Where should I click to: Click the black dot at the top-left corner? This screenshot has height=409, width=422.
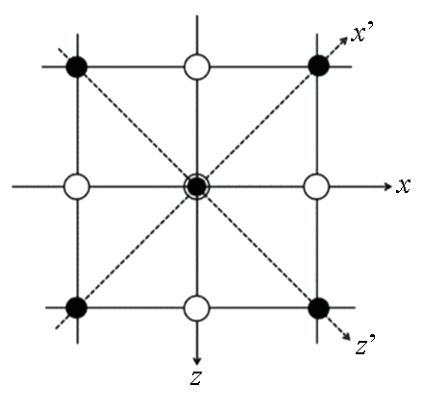pyautogui.click(x=77, y=66)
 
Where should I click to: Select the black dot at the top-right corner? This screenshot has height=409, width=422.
pyautogui.click(x=318, y=65)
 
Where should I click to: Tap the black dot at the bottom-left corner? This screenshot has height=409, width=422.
pyautogui.click(x=76, y=307)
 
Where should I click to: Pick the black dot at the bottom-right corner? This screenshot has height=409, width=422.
pyautogui.click(x=318, y=308)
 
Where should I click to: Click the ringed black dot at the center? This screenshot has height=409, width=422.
pyautogui.click(x=197, y=186)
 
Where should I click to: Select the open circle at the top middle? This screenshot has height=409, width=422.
pyautogui.click(x=197, y=67)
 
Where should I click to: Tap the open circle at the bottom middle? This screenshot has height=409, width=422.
pyautogui.click(x=197, y=308)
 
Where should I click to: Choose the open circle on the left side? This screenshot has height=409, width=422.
pyautogui.click(x=77, y=186)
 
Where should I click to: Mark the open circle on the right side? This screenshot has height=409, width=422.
pyautogui.click(x=316, y=186)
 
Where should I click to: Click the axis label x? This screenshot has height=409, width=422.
pyautogui.click(x=403, y=186)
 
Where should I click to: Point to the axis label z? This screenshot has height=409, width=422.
pyautogui.click(x=195, y=378)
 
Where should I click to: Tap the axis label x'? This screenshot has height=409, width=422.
pyautogui.click(x=362, y=33)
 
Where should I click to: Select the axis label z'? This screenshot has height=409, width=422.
pyautogui.click(x=365, y=345)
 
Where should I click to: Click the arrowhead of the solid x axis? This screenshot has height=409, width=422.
pyautogui.click(x=387, y=186)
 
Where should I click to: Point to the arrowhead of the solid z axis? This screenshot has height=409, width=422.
pyautogui.click(x=197, y=360)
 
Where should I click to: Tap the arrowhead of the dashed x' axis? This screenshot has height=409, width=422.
pyautogui.click(x=344, y=40)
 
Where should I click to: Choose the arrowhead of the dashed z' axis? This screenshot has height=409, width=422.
pyautogui.click(x=346, y=336)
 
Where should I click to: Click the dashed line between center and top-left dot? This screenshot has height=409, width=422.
pyautogui.click(x=137, y=127)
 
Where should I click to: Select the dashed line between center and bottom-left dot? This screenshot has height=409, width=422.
pyautogui.click(x=137, y=247)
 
